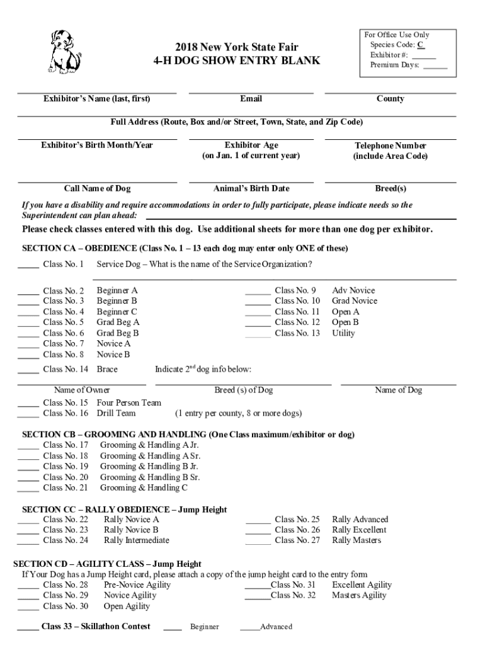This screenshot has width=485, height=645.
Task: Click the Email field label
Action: point(251,99)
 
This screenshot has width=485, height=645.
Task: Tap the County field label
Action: point(390,99)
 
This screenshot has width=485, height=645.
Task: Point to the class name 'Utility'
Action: point(343,333)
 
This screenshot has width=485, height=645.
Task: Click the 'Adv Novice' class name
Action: point(353,290)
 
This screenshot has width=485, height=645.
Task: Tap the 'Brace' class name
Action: point(107,369)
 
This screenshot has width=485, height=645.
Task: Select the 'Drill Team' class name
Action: point(116,413)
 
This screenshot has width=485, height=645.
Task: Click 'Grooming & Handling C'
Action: point(144,488)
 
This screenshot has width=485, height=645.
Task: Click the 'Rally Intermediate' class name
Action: point(136,540)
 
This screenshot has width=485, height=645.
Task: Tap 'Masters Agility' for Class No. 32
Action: point(359,595)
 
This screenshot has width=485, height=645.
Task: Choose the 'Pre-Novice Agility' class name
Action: point(137,585)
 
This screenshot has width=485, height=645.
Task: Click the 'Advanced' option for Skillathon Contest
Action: point(276,627)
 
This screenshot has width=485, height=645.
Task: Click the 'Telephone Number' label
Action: point(390,146)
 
